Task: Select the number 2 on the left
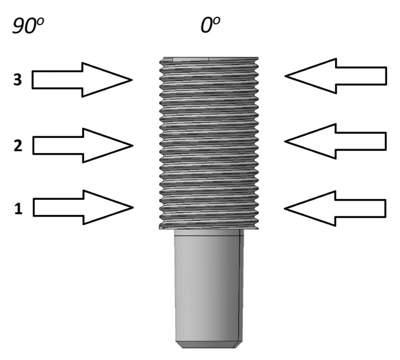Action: point(17,146)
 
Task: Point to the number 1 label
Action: point(18,209)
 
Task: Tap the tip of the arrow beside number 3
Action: point(132,80)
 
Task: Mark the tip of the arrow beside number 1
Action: point(133,207)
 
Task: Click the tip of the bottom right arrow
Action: point(285,208)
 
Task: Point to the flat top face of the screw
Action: point(209,58)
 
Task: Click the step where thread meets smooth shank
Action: point(209,230)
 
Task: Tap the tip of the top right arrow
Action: point(285,76)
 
